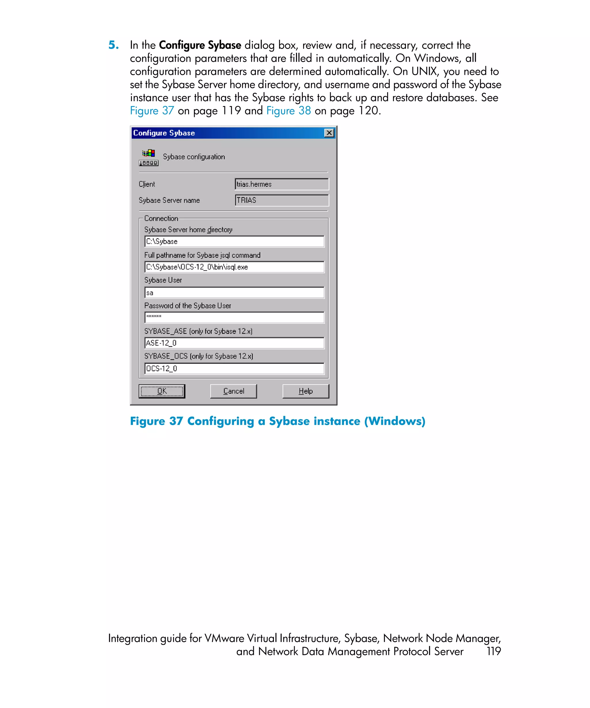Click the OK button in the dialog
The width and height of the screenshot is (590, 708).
click(x=162, y=391)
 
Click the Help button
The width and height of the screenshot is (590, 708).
click(x=305, y=391)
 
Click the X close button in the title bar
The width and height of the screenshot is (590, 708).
click(x=329, y=133)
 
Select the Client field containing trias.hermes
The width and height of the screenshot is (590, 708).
click(x=281, y=184)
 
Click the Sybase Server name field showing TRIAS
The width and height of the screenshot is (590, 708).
click(x=281, y=200)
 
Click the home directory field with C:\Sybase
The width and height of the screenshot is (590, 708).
click(x=234, y=241)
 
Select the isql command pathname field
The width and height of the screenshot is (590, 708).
click(x=234, y=267)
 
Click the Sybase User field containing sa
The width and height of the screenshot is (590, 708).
click(x=234, y=293)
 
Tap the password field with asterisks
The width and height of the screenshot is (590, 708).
click(x=234, y=317)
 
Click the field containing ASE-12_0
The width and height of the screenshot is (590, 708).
click(x=234, y=343)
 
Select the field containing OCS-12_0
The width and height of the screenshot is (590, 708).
click(x=234, y=368)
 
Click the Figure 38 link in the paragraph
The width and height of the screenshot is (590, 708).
click(x=289, y=111)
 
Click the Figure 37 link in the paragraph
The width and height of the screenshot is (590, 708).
click(x=152, y=111)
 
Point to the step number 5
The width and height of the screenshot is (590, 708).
click(x=113, y=45)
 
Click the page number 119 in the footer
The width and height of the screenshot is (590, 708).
click(x=493, y=651)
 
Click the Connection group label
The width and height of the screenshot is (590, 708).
click(x=161, y=218)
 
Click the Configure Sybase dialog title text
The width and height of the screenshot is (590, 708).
click(x=164, y=133)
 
